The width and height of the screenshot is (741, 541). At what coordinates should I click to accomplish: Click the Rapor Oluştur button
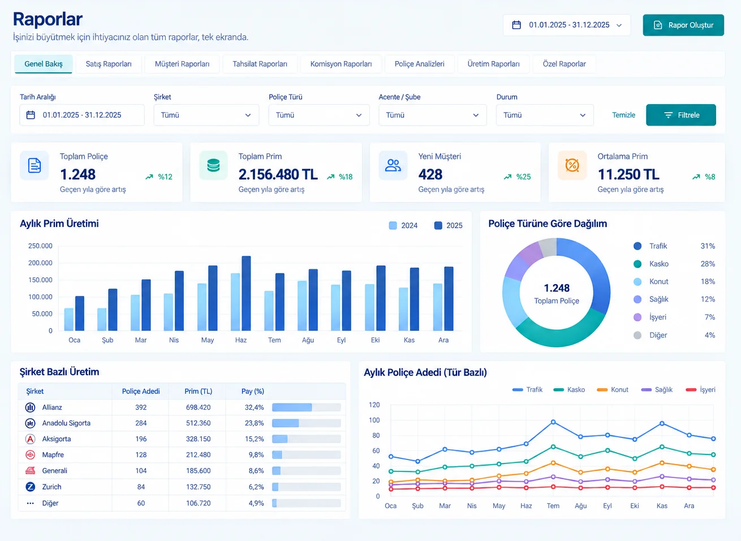[683, 25]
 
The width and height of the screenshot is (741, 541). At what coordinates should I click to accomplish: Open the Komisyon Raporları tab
[341, 64]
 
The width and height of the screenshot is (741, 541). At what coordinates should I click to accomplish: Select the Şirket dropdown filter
[206, 115]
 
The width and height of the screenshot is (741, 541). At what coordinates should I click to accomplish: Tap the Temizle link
[623, 115]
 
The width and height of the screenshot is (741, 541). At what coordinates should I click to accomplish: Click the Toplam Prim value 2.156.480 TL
[278, 174]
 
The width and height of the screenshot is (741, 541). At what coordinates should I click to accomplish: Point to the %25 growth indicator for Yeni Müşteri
[517, 177]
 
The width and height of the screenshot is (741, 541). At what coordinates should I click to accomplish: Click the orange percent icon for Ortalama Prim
[572, 165]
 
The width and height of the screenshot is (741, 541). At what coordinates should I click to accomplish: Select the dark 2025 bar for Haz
[246, 293]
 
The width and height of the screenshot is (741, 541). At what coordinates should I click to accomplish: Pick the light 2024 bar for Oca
[69, 319]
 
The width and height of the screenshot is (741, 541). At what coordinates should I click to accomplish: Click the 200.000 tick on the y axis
[40, 263]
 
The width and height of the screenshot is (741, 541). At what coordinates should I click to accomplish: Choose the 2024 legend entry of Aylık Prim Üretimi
[403, 225]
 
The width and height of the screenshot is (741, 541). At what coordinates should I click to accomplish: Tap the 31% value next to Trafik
[708, 246]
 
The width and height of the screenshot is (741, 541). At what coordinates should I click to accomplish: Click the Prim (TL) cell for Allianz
[198, 407]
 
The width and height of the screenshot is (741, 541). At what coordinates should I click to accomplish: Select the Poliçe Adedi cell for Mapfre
[141, 454]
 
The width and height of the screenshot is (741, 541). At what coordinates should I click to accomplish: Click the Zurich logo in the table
[30, 487]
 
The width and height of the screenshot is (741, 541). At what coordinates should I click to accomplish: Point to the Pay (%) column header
[253, 391]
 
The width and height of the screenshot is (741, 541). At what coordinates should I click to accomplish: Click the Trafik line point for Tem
[553, 422]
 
